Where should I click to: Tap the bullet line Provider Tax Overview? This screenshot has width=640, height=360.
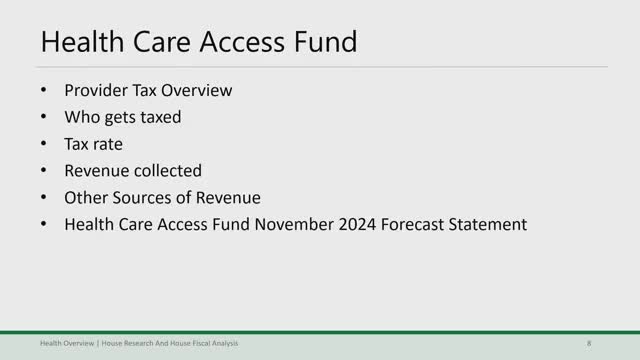tap(148, 90)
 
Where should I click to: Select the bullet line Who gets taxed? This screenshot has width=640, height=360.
tap(122, 117)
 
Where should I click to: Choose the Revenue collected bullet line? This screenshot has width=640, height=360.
tap(133, 171)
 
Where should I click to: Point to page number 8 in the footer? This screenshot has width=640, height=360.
tap(589, 344)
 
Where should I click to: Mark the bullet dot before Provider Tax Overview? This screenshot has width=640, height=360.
tap(44, 90)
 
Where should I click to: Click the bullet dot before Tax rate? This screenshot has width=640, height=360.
tap(44, 144)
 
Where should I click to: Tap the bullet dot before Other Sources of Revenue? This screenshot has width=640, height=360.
tap(44, 198)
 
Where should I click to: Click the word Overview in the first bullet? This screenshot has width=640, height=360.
tap(199, 90)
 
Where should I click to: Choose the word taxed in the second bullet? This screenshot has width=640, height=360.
tap(160, 117)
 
